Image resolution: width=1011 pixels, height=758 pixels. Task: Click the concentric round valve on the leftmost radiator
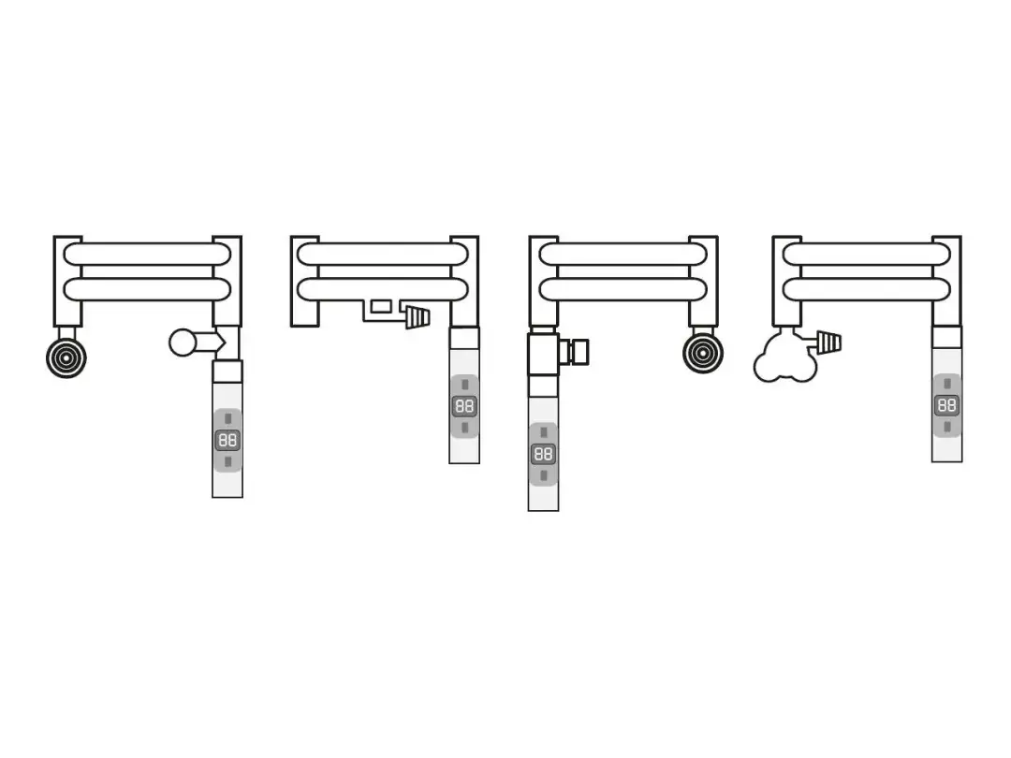pyautogui.click(x=66, y=357)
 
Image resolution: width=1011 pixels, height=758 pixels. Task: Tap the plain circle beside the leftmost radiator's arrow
pyautogui.click(x=183, y=343)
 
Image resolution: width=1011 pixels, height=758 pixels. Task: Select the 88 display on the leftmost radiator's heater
pyautogui.click(x=227, y=440)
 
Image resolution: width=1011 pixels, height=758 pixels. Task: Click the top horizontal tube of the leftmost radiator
pyautogui.click(x=147, y=254)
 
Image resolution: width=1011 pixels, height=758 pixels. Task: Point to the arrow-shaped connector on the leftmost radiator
pyautogui.click(x=211, y=342)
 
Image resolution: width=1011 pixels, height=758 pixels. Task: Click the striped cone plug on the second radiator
pyautogui.click(x=418, y=318)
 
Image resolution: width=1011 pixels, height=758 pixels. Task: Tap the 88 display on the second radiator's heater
pyautogui.click(x=464, y=406)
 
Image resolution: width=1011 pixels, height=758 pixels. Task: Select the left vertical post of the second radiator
pyautogui.click(x=305, y=281)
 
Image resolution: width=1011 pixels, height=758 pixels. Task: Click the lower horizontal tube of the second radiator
pyautogui.click(x=382, y=289)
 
